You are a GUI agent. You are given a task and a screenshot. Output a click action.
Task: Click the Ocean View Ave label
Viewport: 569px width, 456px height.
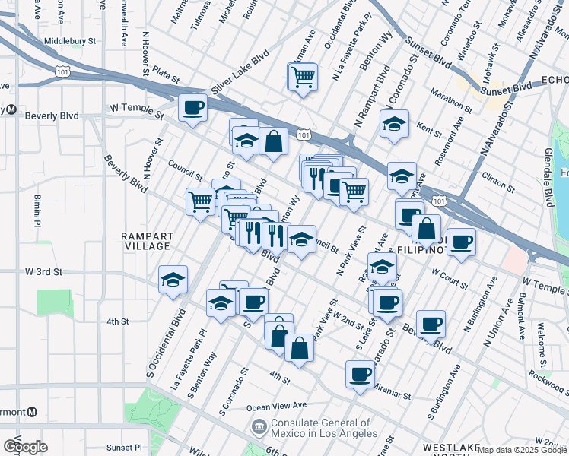[278, 404]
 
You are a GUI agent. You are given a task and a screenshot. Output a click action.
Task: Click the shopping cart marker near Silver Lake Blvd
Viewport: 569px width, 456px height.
[302, 77]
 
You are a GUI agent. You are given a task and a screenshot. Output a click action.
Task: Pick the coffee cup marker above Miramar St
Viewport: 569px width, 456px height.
[360, 373]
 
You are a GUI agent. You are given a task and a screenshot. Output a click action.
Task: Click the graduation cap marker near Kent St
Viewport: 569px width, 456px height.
[394, 125]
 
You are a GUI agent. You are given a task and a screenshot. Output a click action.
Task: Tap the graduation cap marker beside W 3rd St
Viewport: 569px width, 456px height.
[173, 279]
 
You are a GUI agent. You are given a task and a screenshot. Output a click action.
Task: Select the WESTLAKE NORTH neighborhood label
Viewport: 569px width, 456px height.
[449, 448]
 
